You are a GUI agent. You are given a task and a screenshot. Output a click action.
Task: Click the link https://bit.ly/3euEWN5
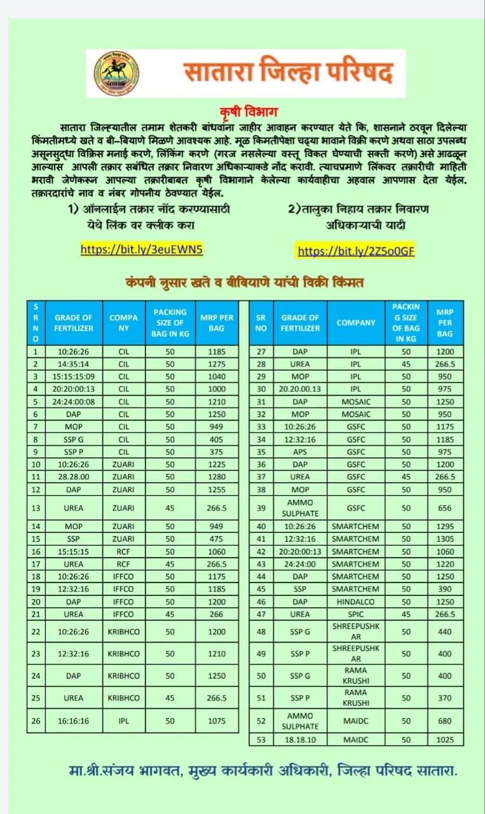pos(142,249)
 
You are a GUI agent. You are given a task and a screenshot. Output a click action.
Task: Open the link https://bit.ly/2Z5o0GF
pos(356,251)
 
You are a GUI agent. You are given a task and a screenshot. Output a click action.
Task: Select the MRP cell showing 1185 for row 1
pos(217,351)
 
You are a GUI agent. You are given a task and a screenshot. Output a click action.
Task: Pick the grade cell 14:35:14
pos(73,364)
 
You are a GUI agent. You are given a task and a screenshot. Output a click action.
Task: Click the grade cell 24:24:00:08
pos(73,402)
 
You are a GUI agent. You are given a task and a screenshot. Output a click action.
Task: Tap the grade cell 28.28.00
pos(73,477)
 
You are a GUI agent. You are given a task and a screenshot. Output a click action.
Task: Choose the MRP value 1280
pos(217,477)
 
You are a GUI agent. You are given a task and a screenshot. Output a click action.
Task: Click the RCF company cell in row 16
pos(123,551)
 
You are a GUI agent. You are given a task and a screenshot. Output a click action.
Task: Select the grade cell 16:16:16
pos(73,721)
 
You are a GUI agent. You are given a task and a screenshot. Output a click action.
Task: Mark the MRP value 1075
pos(217,721)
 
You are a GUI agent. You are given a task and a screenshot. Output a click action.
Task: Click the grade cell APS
pos(300,452)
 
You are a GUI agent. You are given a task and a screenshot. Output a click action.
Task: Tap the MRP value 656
pos(445,508)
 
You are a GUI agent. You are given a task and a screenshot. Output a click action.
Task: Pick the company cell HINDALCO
pos(355,602)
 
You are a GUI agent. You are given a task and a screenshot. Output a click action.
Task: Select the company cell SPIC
pos(355,614)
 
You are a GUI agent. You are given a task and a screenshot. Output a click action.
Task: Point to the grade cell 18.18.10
pos(300,740)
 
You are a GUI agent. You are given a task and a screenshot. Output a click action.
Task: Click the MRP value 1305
pos(445,539)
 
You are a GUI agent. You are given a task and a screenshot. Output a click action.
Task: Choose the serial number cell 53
pos(261,740)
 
